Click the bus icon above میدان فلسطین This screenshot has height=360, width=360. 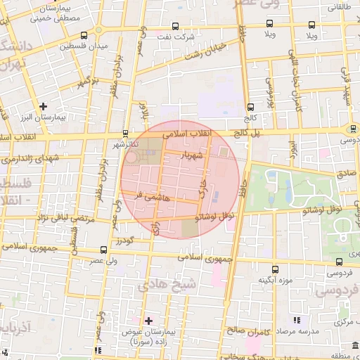84,35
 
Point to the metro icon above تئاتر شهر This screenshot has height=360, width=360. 125,132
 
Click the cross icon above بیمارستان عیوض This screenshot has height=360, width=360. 148,320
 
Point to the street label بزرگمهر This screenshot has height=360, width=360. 84,83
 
